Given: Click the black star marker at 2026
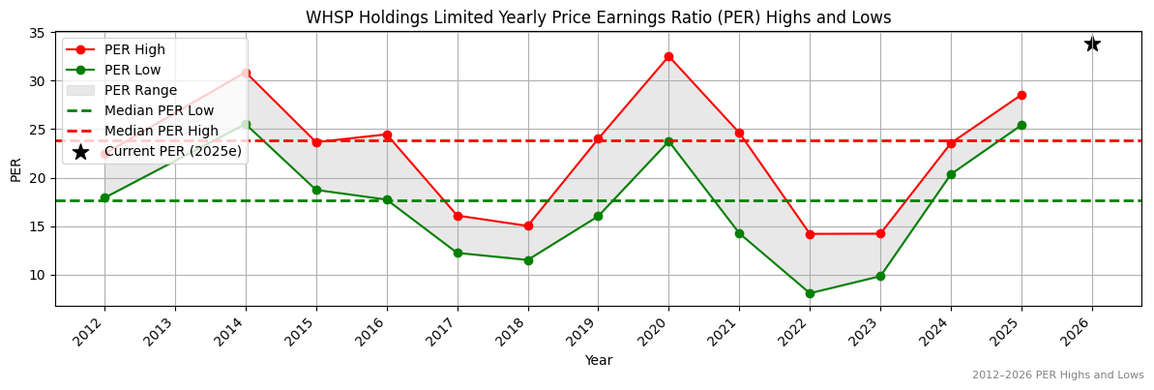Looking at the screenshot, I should point(1092,44).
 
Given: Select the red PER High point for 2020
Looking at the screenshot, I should point(668,56).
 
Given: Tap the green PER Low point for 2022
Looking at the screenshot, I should point(810,293).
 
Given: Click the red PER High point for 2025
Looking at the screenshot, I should point(1021,95).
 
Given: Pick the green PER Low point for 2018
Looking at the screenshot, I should point(528,260).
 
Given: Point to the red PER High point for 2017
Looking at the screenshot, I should point(458,216).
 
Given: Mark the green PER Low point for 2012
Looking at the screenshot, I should point(104,197).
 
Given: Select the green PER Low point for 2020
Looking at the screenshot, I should point(668,141).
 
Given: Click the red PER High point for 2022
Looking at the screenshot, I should point(810,234).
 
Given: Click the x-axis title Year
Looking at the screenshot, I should point(598,361).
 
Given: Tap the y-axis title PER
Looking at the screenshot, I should point(15,169).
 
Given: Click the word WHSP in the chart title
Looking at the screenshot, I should point(327,17).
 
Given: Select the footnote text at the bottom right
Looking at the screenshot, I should point(1057,375).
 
